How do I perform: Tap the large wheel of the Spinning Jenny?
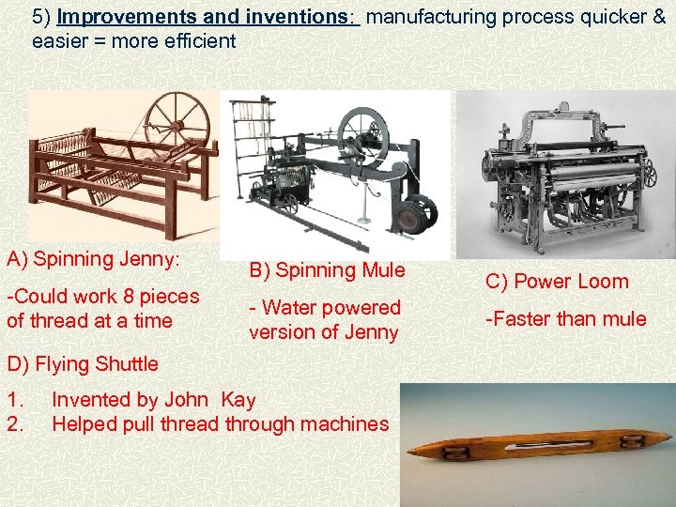point(174,117)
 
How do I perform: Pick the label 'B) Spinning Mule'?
point(326,270)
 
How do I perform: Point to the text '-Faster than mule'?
point(565,319)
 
